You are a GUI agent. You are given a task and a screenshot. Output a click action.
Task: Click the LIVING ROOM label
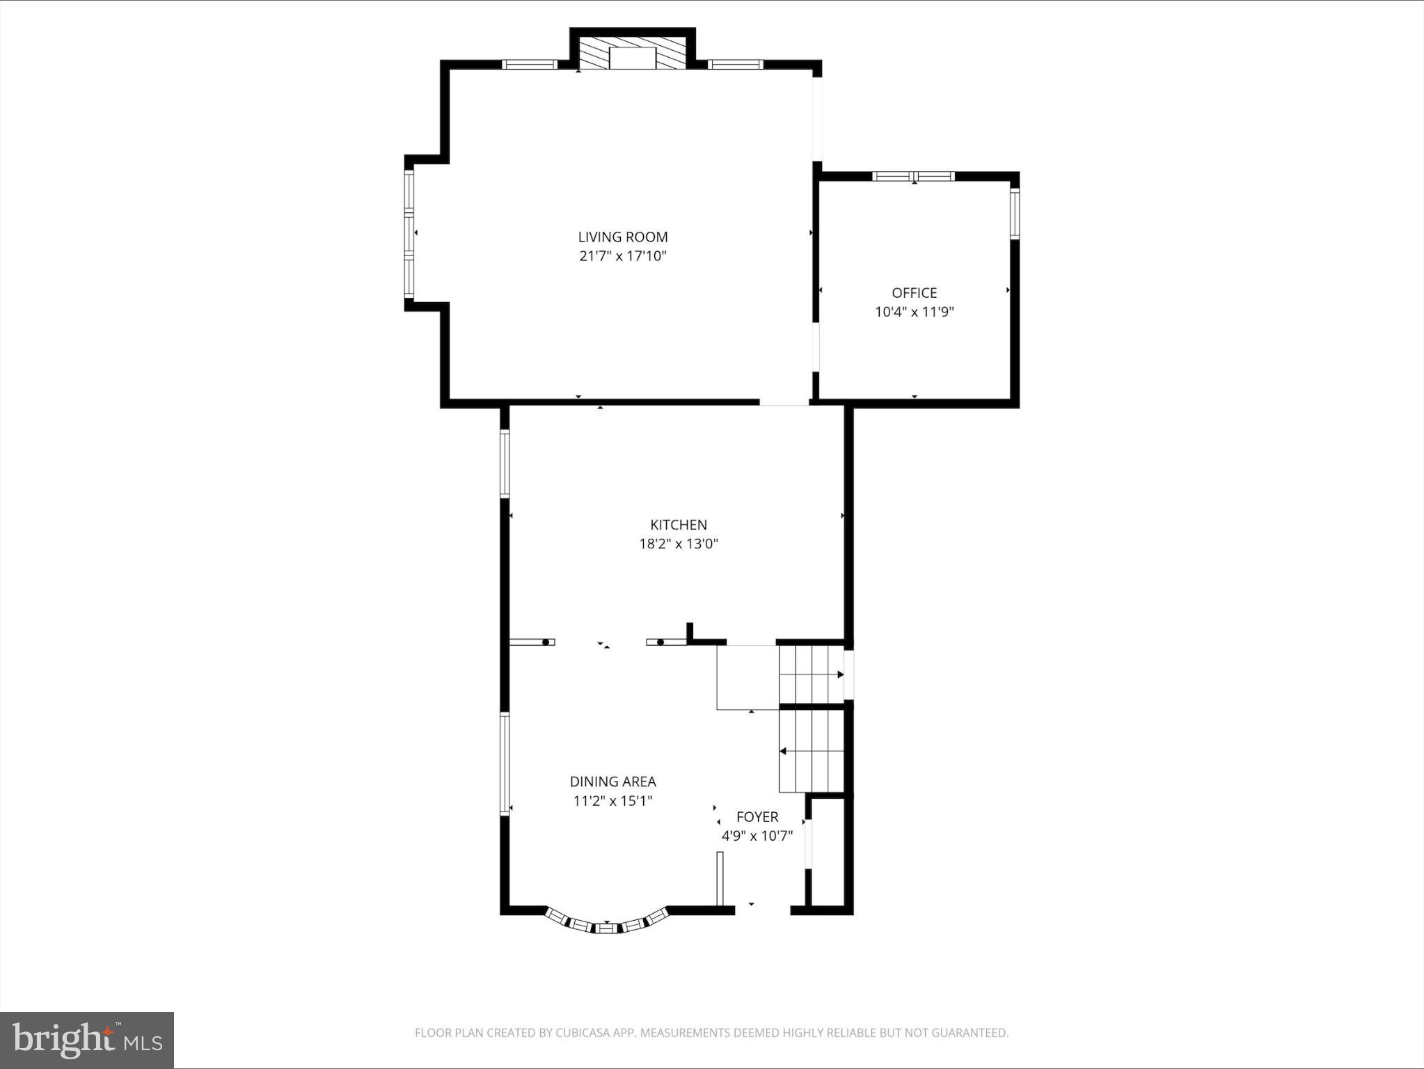(623, 237)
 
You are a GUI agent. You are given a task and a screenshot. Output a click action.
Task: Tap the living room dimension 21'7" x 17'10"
(623, 256)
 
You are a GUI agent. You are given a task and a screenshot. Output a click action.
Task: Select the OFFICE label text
(914, 293)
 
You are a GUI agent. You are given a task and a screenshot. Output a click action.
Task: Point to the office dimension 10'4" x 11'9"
(914, 312)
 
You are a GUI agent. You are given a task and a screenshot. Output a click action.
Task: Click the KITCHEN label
(679, 525)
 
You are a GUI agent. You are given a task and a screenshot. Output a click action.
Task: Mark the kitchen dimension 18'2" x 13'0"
(679, 544)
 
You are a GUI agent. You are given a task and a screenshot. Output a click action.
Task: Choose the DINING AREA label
(612, 782)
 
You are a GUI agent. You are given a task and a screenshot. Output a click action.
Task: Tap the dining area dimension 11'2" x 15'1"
(612, 801)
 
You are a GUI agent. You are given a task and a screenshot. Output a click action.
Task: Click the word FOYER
(757, 817)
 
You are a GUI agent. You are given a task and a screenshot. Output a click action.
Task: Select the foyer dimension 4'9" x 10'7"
(757, 836)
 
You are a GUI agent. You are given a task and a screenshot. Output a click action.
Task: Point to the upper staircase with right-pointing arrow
(811, 674)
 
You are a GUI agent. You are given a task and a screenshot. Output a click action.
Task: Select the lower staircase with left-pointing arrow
(811, 751)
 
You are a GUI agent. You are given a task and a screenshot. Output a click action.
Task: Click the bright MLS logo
(87, 1040)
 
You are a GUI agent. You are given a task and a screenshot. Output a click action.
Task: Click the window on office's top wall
(913, 176)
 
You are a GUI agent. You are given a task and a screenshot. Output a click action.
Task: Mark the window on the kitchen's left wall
(505, 464)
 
